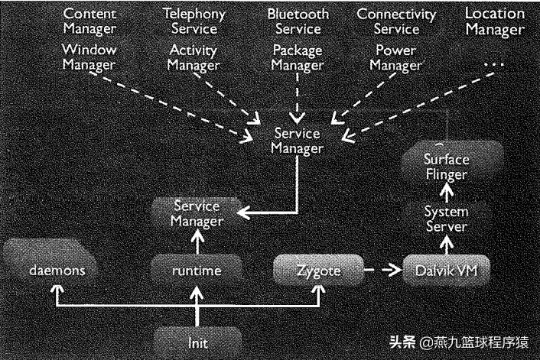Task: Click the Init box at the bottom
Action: pos(197,342)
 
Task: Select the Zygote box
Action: pos(317,270)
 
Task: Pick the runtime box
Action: pos(197,270)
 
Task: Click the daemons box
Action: pos(52,270)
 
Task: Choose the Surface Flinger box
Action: pos(446,166)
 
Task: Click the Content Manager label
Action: pos(89,21)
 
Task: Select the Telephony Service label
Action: pos(194,21)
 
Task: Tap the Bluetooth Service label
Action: pos(298,21)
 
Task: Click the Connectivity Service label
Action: pos(397,21)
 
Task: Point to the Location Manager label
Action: pos(495,21)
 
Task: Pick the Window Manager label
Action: pos(89,57)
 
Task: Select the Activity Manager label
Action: pos(194,57)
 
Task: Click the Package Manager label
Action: pos(298,57)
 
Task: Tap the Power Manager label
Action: pos(395,57)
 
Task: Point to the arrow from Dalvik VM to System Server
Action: pos(446,243)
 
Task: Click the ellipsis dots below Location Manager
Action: pos(495,66)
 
